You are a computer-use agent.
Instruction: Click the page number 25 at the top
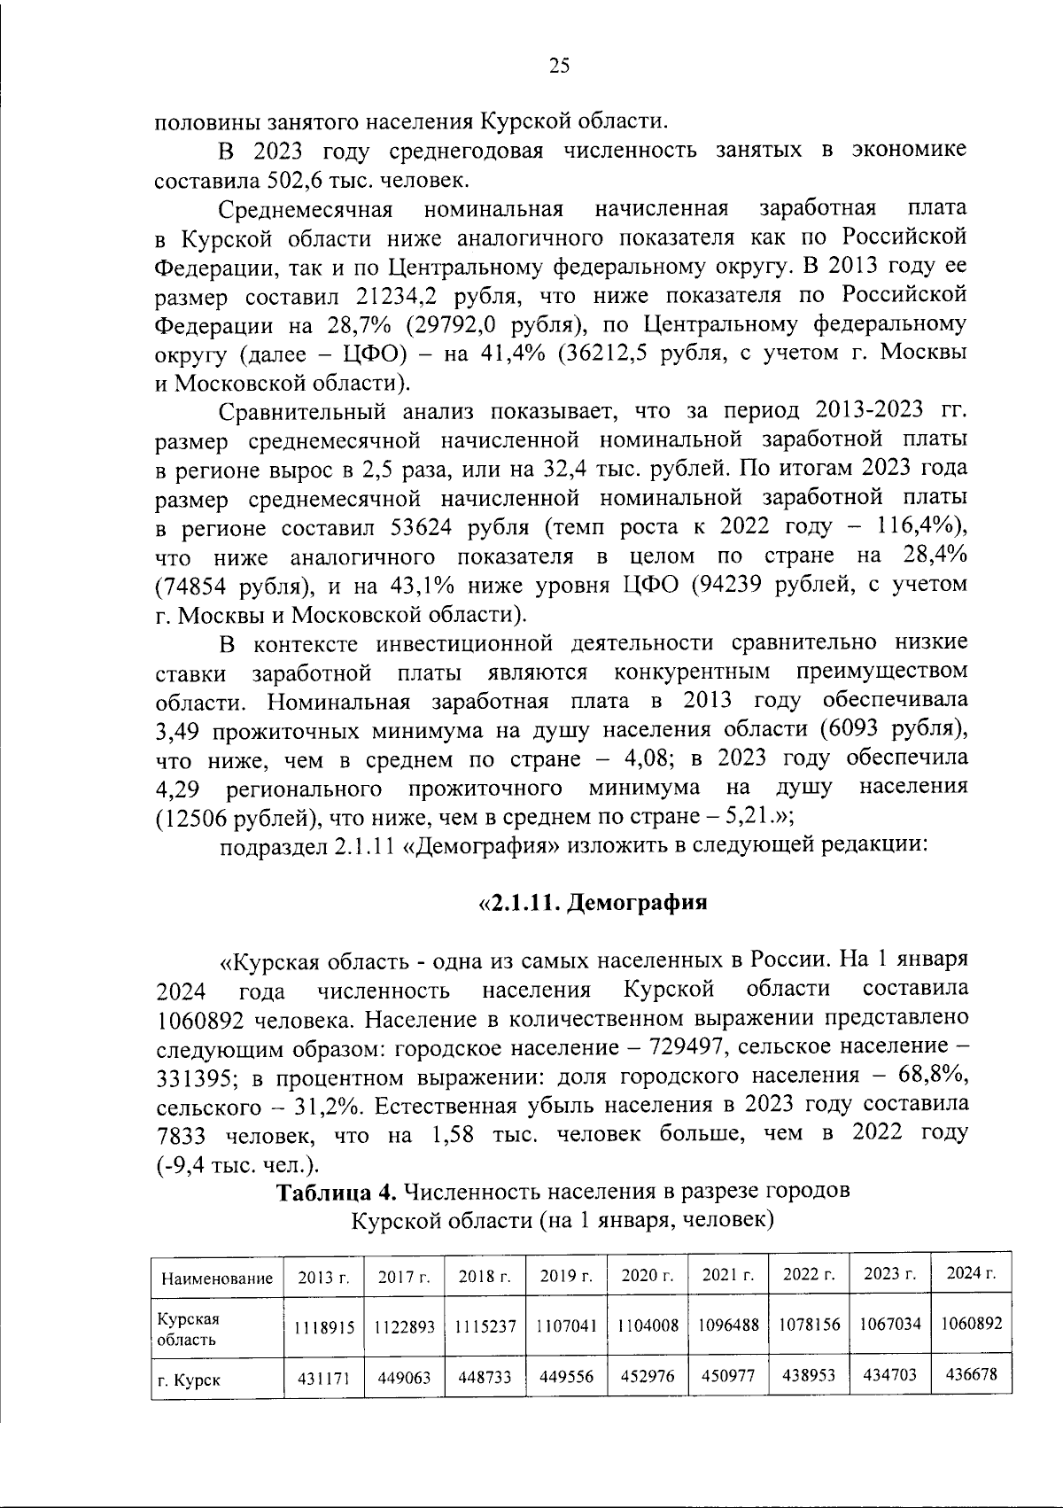560,65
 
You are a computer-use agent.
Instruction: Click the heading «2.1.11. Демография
593,904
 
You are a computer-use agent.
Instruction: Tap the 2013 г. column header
324,1278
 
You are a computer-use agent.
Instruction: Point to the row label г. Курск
189,1380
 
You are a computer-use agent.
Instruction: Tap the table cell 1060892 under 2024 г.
972,1323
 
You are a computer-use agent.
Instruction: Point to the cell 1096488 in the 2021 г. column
728,1325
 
